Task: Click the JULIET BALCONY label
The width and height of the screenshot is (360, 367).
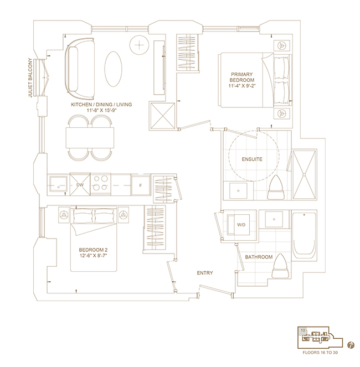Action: (x=30, y=77)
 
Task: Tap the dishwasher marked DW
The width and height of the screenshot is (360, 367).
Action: (x=80, y=185)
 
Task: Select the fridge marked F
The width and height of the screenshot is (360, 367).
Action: (x=141, y=185)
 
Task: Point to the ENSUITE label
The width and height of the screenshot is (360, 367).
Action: (x=252, y=159)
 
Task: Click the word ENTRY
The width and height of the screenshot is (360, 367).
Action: (x=205, y=273)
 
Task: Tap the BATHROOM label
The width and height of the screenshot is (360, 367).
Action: (x=259, y=257)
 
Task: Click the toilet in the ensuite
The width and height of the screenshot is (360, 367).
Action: (x=276, y=188)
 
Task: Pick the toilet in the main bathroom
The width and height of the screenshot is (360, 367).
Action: (x=280, y=266)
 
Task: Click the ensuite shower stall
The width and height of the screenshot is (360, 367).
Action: (x=304, y=174)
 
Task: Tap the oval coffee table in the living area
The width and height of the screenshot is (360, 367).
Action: (x=113, y=69)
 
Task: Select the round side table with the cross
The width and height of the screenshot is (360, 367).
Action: (x=139, y=45)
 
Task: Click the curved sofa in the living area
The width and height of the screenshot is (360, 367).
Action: (x=80, y=69)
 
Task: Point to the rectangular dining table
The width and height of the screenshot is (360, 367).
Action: (x=90, y=138)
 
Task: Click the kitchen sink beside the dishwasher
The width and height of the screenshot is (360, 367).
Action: (x=58, y=185)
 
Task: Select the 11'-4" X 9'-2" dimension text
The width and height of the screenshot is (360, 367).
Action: (x=241, y=86)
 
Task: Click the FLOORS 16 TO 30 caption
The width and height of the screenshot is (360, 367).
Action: (x=320, y=353)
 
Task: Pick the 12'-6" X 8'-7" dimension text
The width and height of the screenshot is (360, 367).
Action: (x=93, y=255)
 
